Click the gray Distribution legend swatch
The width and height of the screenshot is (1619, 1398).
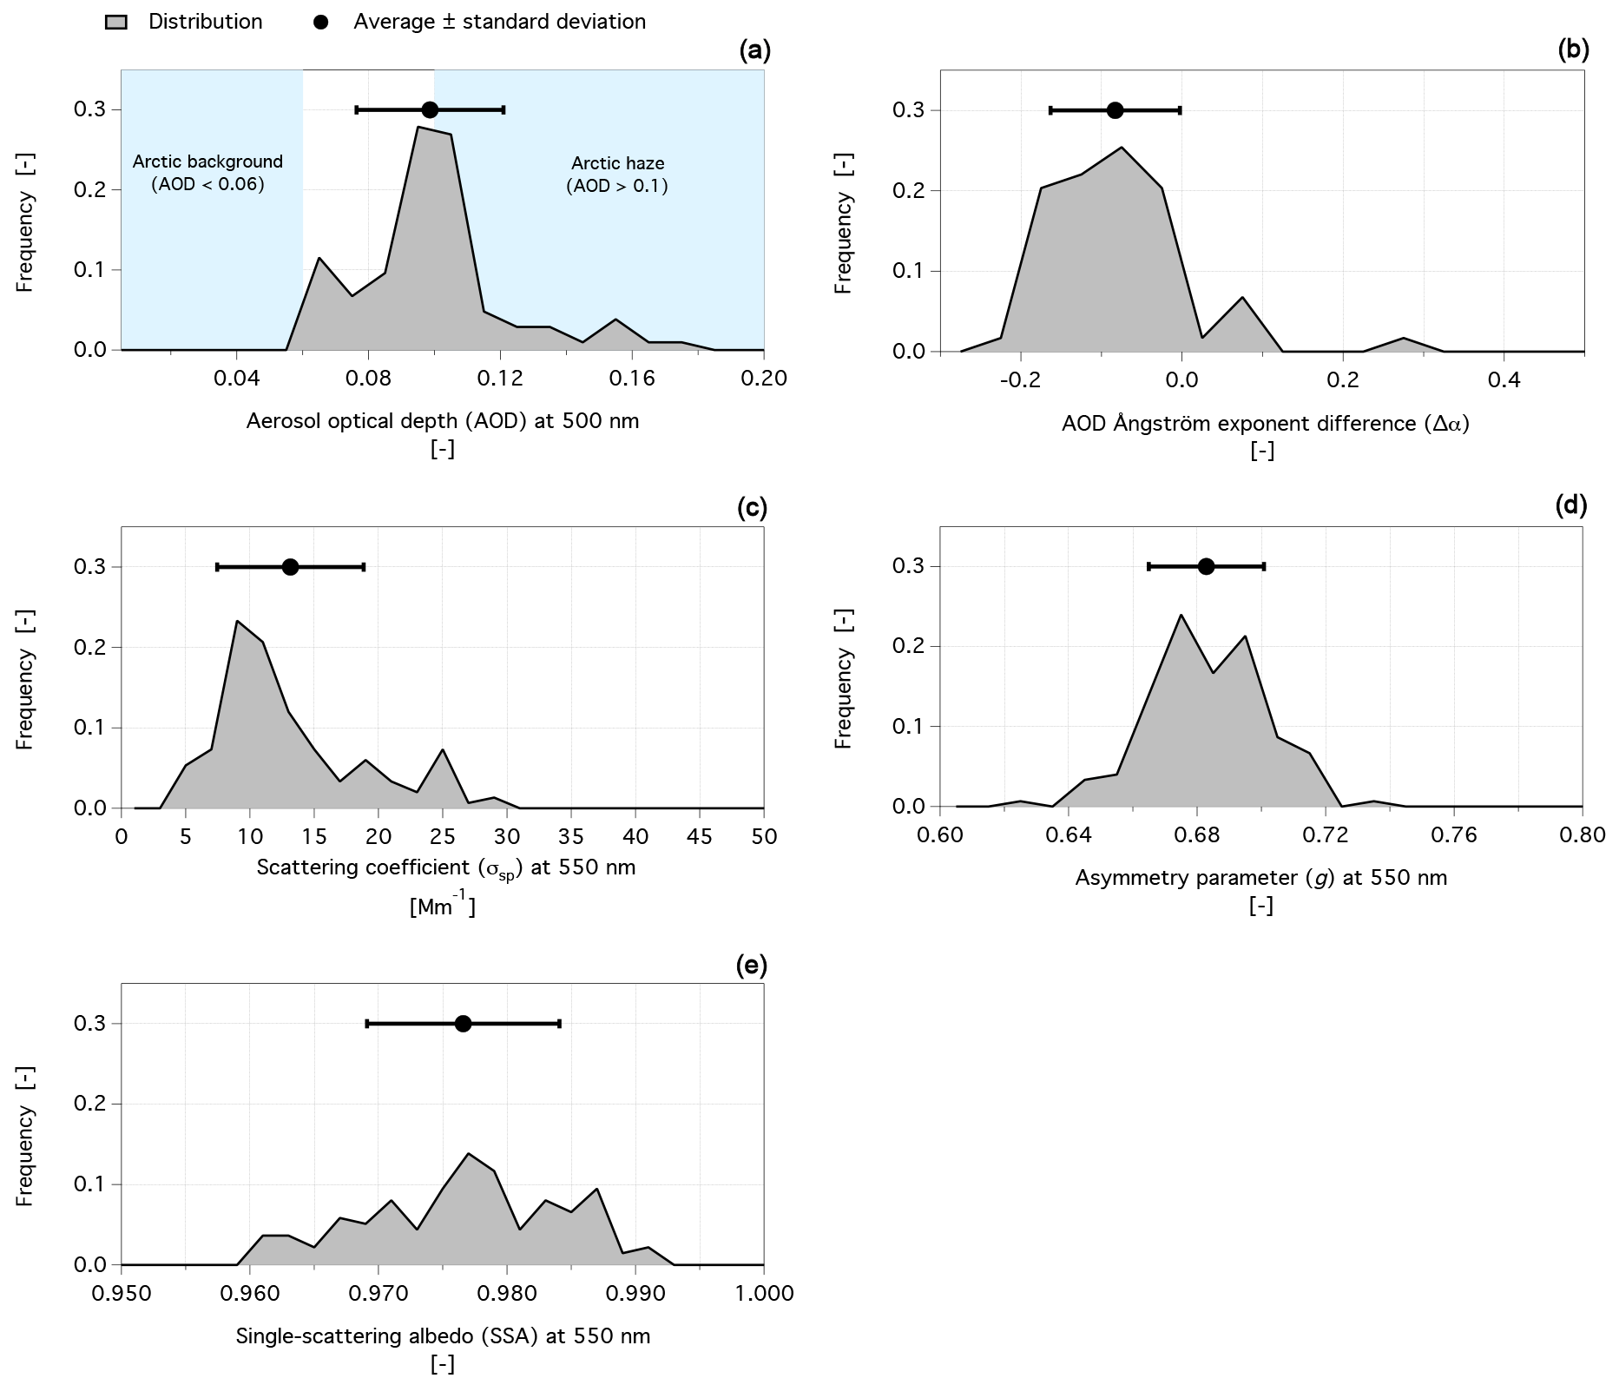(116, 23)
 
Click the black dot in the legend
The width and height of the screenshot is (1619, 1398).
(321, 23)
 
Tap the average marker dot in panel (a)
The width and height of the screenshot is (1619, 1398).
(430, 109)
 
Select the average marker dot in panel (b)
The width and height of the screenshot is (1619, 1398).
(1116, 110)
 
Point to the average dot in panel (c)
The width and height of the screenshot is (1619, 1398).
(291, 567)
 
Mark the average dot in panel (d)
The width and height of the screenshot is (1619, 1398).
(1206, 566)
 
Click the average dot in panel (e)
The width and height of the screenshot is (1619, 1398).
(464, 1024)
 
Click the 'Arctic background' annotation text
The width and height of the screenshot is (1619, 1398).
(207, 162)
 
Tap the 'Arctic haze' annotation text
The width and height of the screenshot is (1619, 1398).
(617, 162)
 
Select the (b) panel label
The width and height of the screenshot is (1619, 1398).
(1573, 50)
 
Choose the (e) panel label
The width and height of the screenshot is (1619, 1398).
(752, 965)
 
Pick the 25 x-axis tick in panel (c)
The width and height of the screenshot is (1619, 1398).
(443, 837)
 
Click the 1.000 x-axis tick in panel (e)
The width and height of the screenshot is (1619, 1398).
(763, 1294)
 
